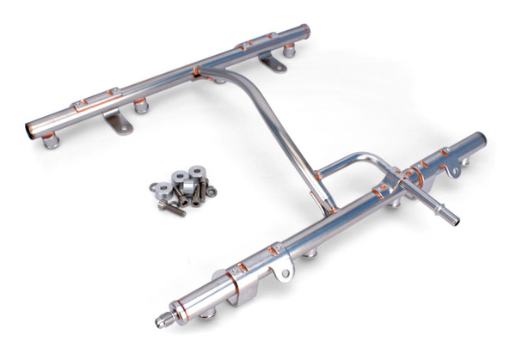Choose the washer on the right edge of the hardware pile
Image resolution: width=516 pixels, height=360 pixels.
coord(209,191)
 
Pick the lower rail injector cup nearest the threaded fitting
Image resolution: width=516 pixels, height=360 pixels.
coord(207,314)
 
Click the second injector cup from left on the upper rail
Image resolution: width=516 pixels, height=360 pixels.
coord(138,107)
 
